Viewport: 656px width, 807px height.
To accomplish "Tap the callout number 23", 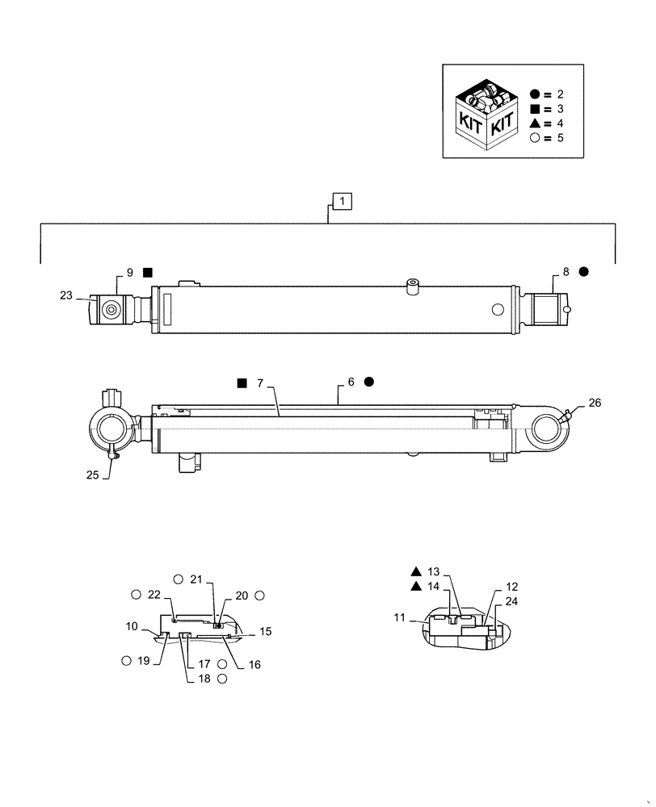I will click(x=66, y=296).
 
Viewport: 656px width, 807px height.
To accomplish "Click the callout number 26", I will click(x=595, y=403).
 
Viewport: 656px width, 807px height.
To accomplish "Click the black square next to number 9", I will click(x=148, y=273).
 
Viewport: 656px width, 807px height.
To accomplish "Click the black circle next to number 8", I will click(x=583, y=273).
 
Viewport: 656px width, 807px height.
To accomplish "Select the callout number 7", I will click(x=260, y=383).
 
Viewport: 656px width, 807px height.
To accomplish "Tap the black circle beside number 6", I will click(x=368, y=381).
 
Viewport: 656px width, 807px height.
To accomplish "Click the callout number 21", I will click(x=196, y=579).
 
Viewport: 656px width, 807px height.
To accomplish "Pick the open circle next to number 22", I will click(x=136, y=595).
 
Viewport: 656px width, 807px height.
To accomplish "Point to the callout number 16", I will click(x=255, y=665).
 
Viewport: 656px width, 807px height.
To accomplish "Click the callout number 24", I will click(x=511, y=601).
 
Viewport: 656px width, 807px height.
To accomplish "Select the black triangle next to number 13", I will click(x=414, y=571).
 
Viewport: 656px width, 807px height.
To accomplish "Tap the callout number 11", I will click(x=400, y=617).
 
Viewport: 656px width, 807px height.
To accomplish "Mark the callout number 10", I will click(x=132, y=625).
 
